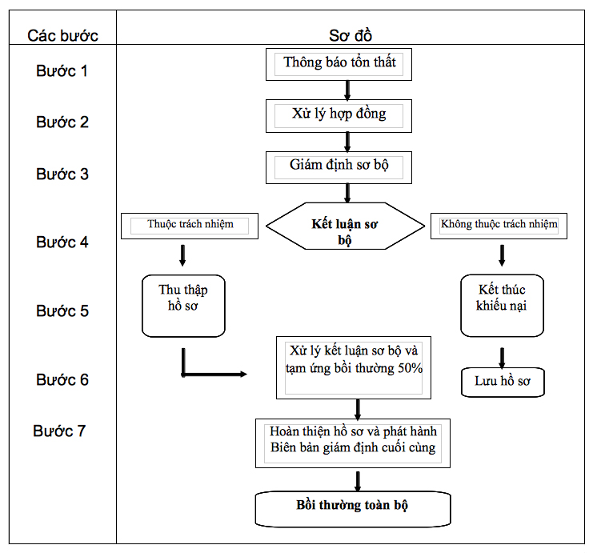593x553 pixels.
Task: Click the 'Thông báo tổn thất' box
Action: click(339, 64)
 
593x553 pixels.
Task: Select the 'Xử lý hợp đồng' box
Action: click(339, 116)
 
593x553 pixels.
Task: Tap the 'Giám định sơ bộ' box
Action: click(339, 167)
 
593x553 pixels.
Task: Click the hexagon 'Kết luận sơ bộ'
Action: click(345, 226)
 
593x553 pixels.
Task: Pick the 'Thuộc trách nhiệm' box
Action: click(190, 226)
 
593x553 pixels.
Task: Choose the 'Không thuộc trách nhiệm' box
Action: click(499, 226)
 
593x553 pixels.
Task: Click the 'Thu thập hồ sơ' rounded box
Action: click(183, 306)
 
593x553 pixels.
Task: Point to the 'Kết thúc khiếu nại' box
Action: click(503, 306)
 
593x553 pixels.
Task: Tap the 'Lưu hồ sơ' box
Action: click(503, 382)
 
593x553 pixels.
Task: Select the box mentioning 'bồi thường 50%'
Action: click(354, 367)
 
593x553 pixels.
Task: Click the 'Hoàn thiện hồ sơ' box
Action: click(353, 443)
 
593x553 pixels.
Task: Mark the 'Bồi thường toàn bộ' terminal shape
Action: click(353, 509)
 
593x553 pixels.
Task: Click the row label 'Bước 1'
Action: click(62, 70)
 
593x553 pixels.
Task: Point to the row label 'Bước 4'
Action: click(62, 242)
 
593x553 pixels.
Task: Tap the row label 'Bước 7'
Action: click(59, 431)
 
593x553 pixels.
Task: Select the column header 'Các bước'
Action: click(62, 35)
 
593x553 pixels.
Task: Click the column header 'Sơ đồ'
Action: click(351, 35)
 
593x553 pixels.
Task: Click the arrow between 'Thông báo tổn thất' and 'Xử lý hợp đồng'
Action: click(347, 90)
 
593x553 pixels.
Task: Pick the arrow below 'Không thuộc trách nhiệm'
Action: click(502, 256)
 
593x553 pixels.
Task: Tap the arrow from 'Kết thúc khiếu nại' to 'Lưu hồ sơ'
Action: click(502, 359)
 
